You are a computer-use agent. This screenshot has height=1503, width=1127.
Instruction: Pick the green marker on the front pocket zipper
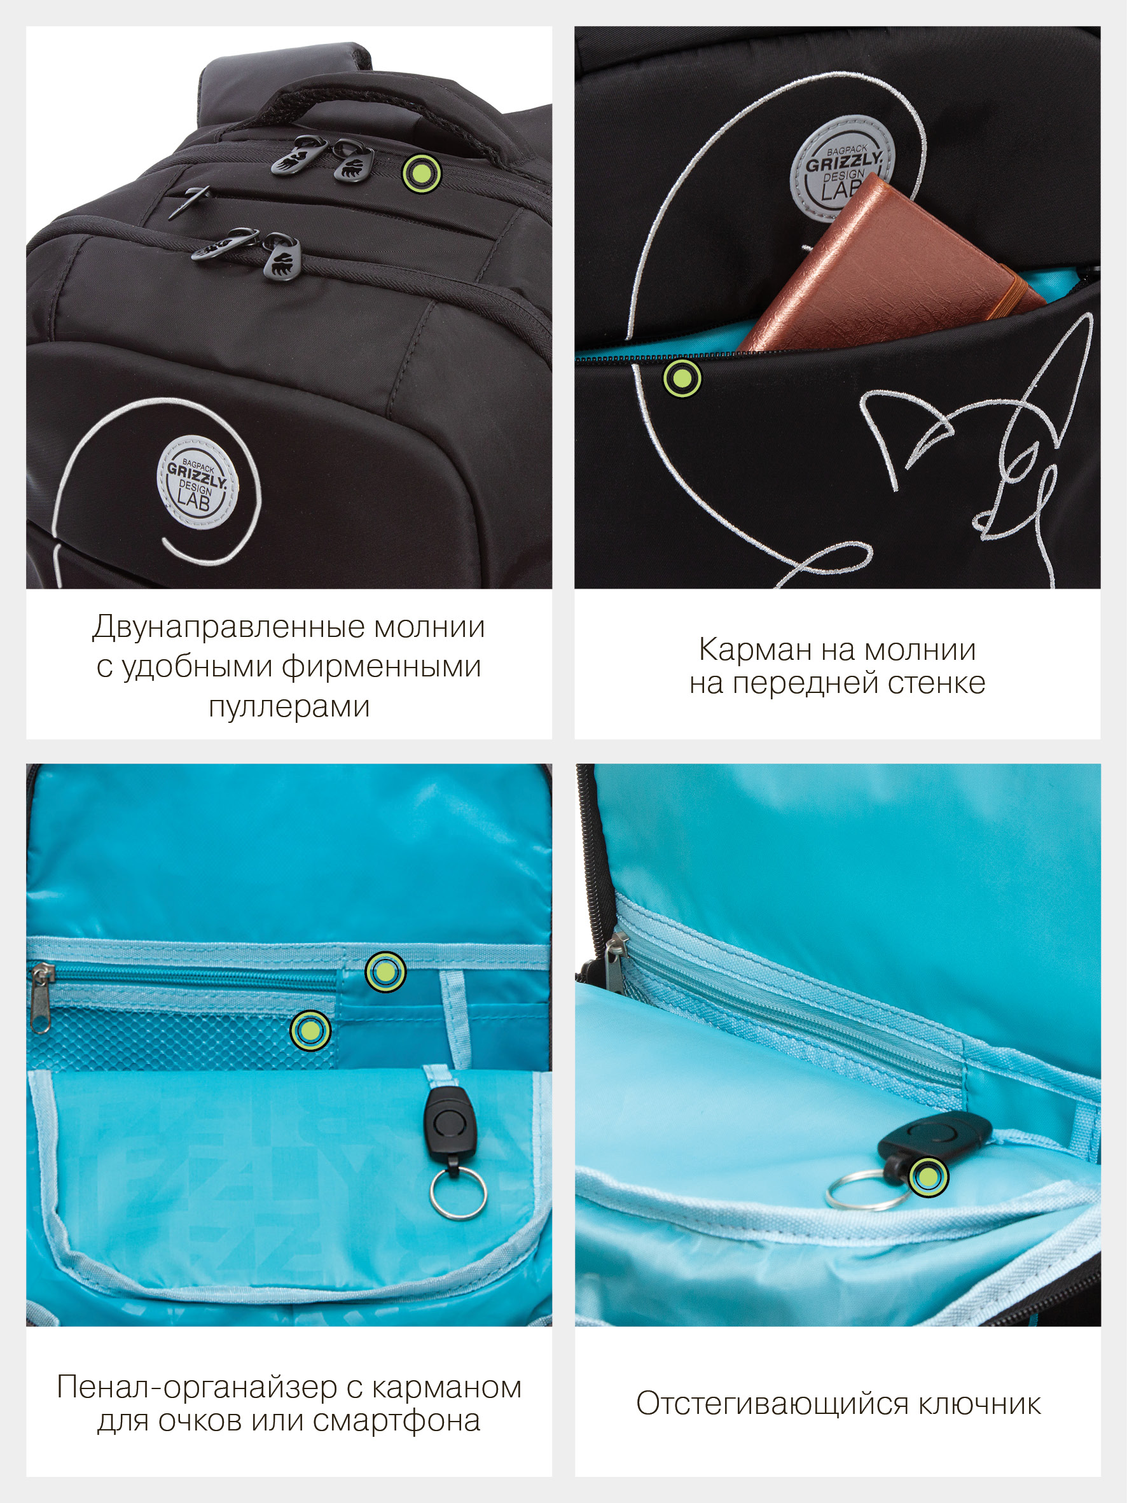coord(682,378)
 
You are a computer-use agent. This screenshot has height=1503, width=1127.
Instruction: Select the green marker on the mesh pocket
coord(310,1030)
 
